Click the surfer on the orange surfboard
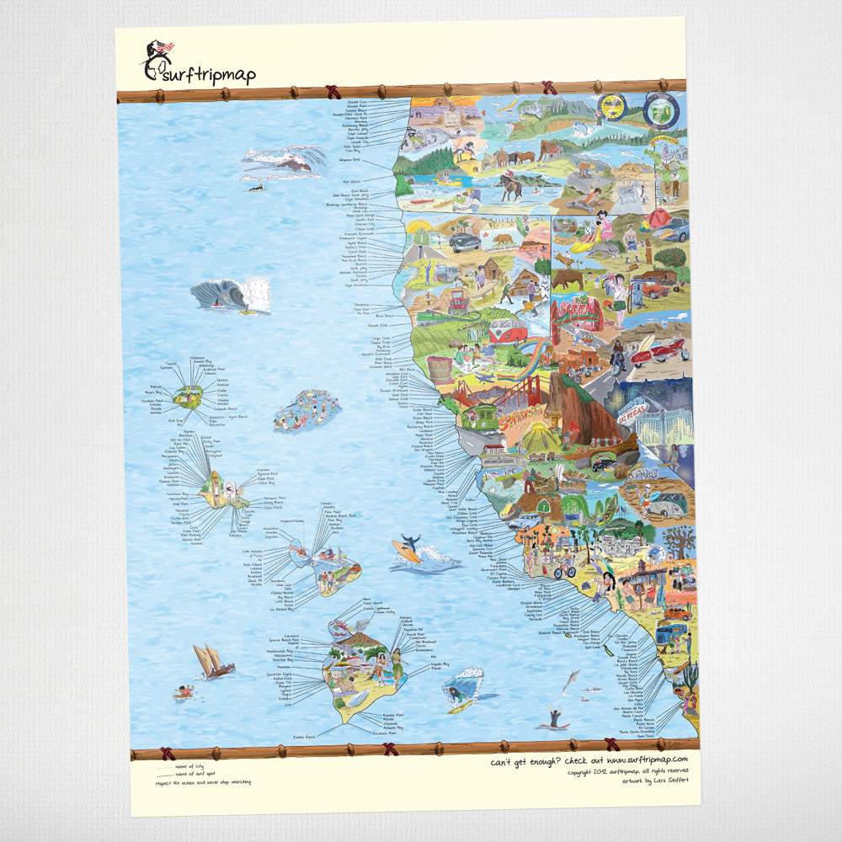pyautogui.click(x=407, y=548)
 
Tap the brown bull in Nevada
pyautogui.click(x=568, y=278)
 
